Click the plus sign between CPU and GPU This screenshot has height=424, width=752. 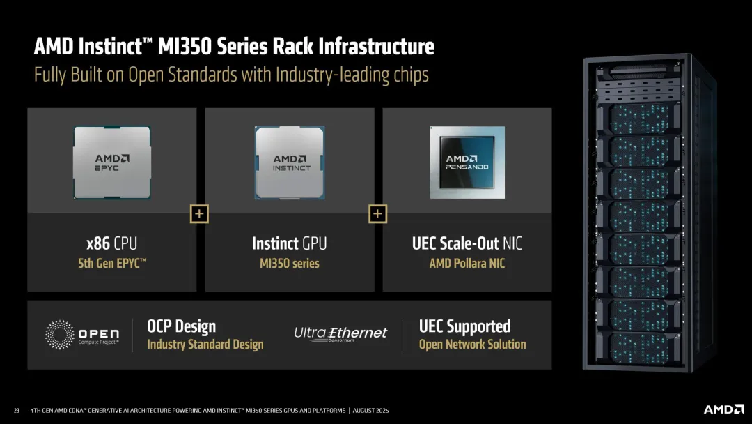pos(199,214)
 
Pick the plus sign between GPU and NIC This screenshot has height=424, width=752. pos(377,214)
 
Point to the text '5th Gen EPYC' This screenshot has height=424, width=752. pos(112,264)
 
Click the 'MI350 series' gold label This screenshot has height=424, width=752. pos(290,264)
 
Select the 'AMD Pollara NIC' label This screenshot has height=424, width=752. pos(467,264)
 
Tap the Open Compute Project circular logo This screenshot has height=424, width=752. pos(60,335)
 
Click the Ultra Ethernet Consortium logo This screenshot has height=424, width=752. pos(340,334)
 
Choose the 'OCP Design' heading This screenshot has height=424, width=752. pos(181,326)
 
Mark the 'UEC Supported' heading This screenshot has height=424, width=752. pos(464,326)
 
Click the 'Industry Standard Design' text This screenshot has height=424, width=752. pos(205,344)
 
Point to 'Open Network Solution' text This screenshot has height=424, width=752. pos(472,344)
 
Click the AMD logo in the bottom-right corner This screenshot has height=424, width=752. pos(723,409)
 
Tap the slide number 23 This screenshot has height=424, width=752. pos(16,410)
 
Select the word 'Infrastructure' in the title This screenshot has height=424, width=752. pos(377,47)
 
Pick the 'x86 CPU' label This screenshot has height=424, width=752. pos(112,243)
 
